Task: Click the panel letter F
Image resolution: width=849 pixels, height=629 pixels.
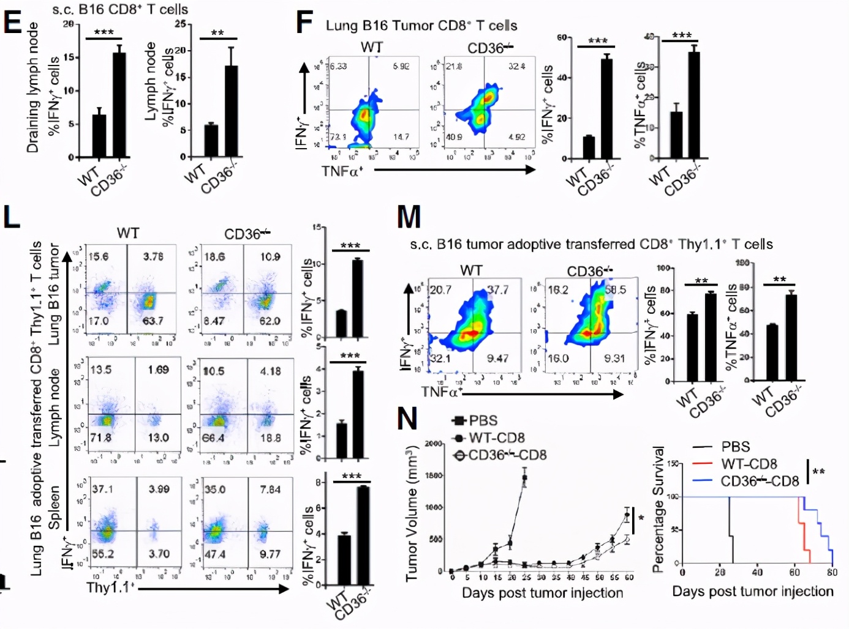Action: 304,23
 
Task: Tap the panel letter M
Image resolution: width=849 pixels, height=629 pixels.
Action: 409,217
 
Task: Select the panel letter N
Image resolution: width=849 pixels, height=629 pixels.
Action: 407,420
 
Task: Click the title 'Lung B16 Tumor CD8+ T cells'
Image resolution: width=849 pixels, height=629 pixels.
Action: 421,26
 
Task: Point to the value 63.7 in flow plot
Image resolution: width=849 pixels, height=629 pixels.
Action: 153,321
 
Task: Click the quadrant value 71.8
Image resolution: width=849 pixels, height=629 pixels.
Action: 100,437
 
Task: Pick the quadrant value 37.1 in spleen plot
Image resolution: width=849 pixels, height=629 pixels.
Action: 102,489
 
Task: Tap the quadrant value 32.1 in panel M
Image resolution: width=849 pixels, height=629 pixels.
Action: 440,358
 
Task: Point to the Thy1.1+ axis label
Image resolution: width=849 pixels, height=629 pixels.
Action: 110,587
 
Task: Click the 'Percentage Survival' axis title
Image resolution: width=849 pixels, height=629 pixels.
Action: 658,509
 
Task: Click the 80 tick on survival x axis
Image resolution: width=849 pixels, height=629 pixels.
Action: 832,573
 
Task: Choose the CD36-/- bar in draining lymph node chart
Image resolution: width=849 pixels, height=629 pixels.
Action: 119,105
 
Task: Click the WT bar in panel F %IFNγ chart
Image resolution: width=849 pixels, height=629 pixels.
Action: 589,147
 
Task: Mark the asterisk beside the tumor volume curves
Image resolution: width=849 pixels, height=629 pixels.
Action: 641,519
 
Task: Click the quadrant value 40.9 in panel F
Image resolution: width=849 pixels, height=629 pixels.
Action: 454,137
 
